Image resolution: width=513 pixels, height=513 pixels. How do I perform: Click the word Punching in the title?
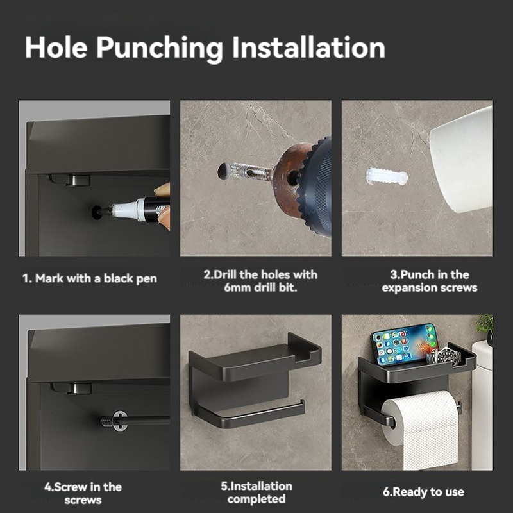pos(159,49)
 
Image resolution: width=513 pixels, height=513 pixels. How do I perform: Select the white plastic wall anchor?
pos(387,177)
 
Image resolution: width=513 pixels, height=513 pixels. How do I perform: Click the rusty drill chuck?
pos(288,178)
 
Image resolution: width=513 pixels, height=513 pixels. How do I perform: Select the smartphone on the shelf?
pos(404,344)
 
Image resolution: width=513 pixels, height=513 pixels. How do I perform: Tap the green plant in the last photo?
pos(485,326)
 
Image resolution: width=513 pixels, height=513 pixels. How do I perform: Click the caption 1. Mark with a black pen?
pos(90,278)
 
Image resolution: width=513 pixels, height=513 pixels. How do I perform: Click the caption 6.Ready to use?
pos(423,492)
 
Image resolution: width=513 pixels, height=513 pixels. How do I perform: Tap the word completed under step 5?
pos(256,499)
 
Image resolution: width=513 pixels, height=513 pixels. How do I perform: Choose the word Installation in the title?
pos(308,47)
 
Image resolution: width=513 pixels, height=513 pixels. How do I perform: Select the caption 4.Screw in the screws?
pos(83,493)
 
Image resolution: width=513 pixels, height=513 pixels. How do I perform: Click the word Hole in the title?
pos(56,47)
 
